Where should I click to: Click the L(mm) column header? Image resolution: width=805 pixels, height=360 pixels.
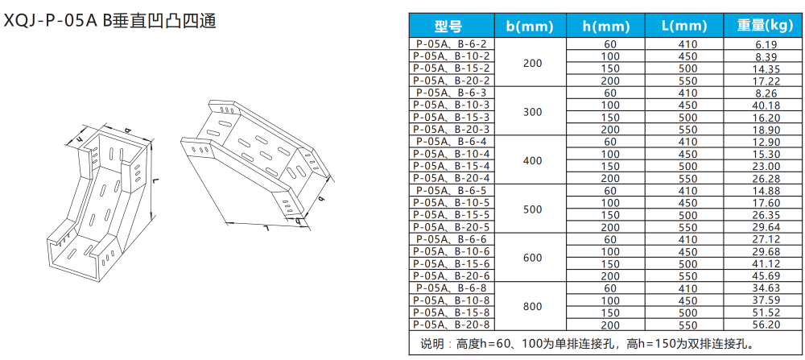687,26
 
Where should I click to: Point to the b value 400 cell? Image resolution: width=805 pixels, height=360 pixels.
532,159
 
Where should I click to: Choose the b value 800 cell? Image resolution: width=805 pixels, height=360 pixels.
532,305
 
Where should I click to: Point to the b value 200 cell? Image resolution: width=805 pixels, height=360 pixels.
532,62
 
